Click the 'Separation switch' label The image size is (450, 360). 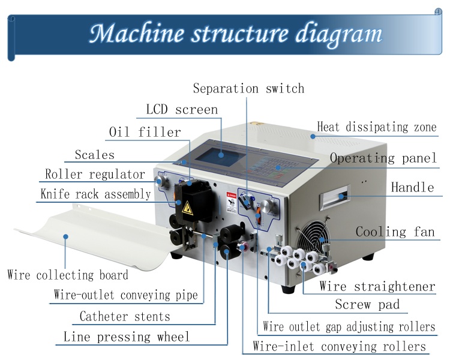tap(248, 89)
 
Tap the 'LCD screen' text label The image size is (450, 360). tap(182, 110)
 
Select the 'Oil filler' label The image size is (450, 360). tap(145, 132)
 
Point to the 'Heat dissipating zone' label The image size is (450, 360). tap(376, 127)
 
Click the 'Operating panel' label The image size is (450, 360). tap(383, 158)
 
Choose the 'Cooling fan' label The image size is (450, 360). tap(395, 232)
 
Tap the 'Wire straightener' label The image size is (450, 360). tap(377, 286)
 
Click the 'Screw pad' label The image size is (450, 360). tap(367, 305)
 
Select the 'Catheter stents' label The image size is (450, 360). tap(125, 317)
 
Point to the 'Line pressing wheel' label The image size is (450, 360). tap(127, 337)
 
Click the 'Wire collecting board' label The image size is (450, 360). tap(68, 275)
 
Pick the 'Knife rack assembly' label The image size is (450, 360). tap(95, 194)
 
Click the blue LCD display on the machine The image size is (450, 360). tap(221, 154)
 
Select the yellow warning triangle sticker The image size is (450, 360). tap(187, 208)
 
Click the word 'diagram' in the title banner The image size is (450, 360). tap(338, 34)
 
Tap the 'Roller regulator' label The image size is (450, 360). tap(95, 175)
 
